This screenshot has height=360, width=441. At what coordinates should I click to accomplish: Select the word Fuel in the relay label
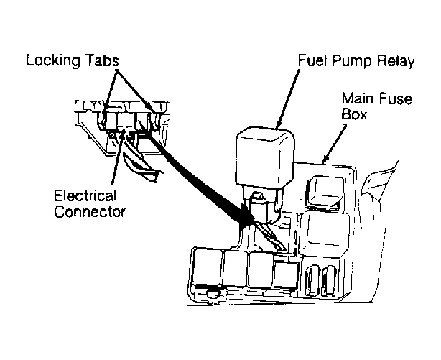tap(312, 60)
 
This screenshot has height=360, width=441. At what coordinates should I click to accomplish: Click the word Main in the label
tap(358, 98)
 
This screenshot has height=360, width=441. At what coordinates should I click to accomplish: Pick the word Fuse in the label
tap(396, 98)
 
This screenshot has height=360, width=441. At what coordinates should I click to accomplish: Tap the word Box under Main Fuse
tap(354, 114)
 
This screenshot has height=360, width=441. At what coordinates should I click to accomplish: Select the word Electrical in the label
tap(85, 196)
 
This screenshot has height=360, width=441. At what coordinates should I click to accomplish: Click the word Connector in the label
tap(90, 211)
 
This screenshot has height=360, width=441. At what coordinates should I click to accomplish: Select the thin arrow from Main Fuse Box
tap(334, 144)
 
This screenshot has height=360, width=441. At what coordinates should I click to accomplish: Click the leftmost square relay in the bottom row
tap(207, 267)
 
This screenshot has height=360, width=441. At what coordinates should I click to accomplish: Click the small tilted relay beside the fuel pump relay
tap(325, 193)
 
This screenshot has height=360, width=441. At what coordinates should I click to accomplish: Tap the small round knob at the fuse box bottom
tap(213, 295)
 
